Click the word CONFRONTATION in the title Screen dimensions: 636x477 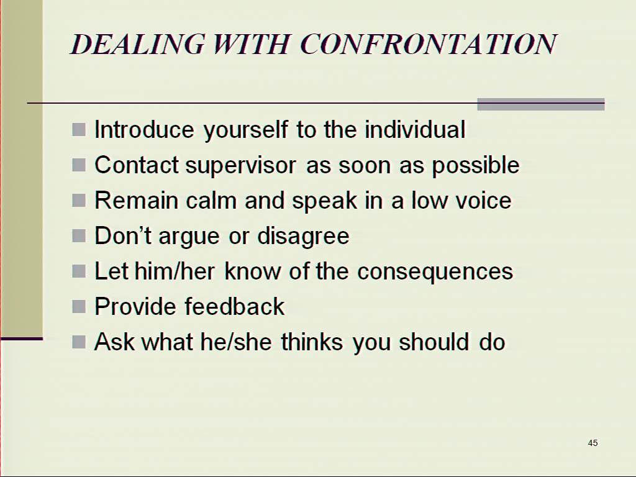click(x=429, y=44)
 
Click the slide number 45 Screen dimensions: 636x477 click(x=593, y=443)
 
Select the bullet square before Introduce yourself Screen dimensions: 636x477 click(x=79, y=130)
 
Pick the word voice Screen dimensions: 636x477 click(x=483, y=201)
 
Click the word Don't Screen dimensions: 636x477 click(x=124, y=235)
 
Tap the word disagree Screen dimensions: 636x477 click(x=303, y=237)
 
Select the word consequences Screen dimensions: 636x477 click(x=435, y=272)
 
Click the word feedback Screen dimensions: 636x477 click(x=235, y=306)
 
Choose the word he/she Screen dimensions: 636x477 click(x=235, y=342)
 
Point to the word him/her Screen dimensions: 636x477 click(x=175, y=271)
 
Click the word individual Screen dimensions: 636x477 click(x=415, y=130)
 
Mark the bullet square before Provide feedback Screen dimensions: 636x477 click(x=79, y=306)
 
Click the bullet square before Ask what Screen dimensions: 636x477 click(x=79, y=342)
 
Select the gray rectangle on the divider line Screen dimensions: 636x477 click(x=541, y=104)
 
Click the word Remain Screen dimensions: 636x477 click(x=136, y=201)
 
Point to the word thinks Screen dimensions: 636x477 click(x=312, y=342)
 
